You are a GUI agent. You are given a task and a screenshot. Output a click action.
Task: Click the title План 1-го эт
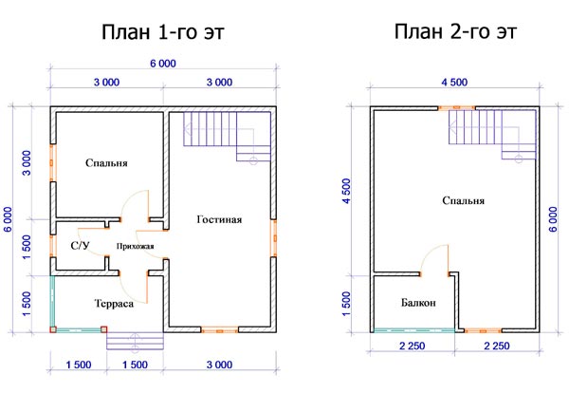point(163,31)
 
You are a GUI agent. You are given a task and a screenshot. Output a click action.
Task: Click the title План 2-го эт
point(455,31)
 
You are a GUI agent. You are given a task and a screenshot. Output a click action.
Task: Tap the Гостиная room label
point(219,219)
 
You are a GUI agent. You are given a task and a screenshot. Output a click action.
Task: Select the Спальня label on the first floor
point(106,162)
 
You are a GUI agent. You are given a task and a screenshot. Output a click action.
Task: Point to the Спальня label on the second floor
point(463,200)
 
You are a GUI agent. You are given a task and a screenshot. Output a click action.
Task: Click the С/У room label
point(80,246)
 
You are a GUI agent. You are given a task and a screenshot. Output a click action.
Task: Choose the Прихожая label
point(135,246)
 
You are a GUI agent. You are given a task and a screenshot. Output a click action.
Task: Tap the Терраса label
point(114,303)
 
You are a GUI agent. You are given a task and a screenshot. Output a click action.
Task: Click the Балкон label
point(418,303)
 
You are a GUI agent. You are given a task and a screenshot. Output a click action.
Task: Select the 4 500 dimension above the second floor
point(454,83)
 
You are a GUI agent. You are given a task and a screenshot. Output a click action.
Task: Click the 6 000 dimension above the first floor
point(163,64)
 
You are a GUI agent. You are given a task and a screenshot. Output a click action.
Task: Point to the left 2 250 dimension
point(413,346)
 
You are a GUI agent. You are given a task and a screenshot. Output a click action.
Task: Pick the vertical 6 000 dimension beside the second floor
point(553,219)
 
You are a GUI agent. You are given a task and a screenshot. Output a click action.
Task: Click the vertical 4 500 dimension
point(347,191)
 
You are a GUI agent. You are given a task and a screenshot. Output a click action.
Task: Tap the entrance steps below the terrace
point(135,341)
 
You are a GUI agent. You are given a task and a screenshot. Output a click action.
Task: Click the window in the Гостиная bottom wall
point(220,330)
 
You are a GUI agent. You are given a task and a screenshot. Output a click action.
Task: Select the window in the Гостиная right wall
point(274,238)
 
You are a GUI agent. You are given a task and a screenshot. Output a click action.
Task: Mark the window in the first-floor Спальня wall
point(52,162)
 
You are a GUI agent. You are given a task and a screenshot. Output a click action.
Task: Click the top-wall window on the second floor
point(457,108)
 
